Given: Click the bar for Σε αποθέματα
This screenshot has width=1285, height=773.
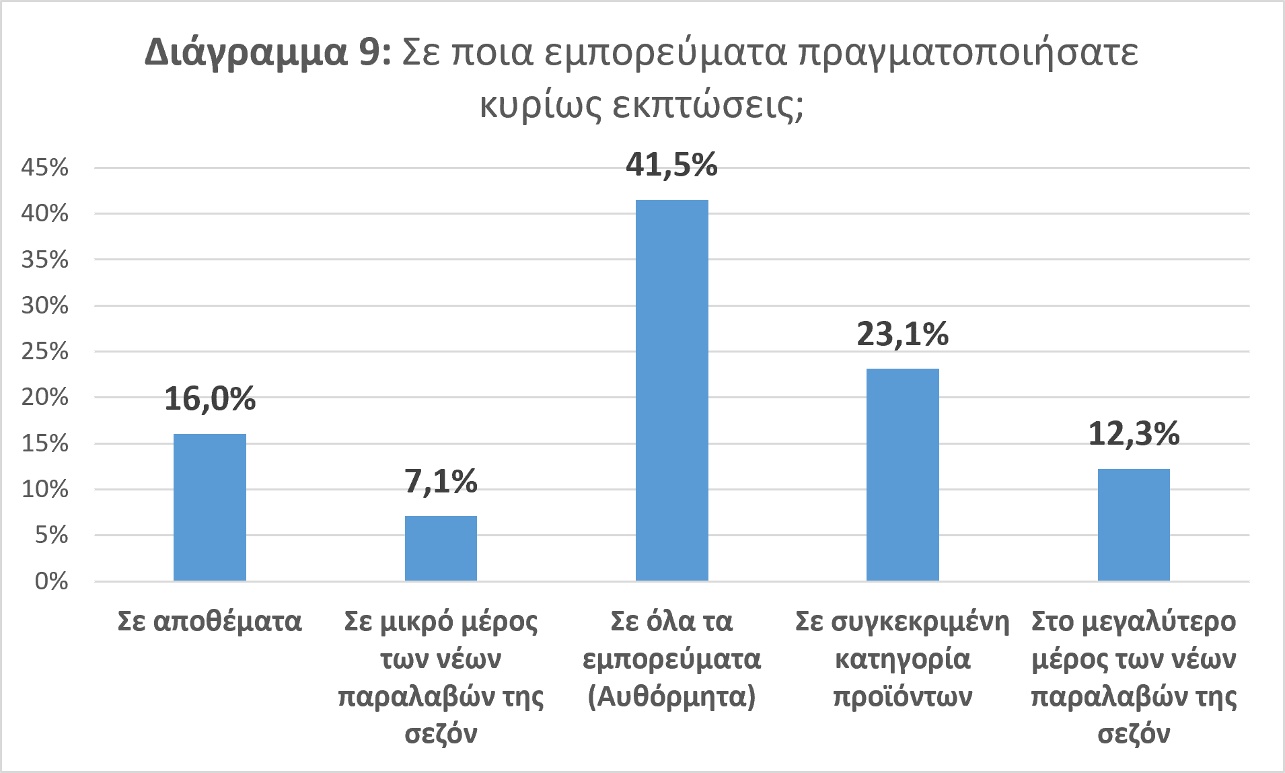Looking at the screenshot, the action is (x=210, y=507).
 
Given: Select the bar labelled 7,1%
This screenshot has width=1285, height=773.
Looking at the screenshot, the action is (x=441, y=548).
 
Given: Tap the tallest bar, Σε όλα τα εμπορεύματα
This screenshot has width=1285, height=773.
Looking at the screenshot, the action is (x=672, y=390).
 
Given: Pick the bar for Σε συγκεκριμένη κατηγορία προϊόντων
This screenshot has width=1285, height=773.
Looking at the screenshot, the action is (x=903, y=474).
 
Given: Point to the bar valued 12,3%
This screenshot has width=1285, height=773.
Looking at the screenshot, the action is (x=1134, y=525).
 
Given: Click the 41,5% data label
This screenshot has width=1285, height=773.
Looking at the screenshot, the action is (x=672, y=165).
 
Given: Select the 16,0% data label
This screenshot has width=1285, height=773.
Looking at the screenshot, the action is (x=210, y=399).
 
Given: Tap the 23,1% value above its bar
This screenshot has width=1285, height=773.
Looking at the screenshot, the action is (x=903, y=334).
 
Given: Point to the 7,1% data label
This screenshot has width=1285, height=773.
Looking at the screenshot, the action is (x=441, y=482).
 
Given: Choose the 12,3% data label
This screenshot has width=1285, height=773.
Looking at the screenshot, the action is (x=1134, y=434).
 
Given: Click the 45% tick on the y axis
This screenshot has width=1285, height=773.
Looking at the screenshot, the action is (x=45, y=168).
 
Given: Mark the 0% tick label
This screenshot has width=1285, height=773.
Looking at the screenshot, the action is (x=52, y=581).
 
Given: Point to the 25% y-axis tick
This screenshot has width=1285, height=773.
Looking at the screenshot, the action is (x=45, y=351).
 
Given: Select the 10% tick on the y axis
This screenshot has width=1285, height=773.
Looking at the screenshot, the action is (x=45, y=489).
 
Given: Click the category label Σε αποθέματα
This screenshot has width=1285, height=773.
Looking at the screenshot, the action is (x=210, y=621).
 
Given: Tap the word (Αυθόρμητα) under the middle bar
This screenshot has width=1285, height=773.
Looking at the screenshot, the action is (x=672, y=696).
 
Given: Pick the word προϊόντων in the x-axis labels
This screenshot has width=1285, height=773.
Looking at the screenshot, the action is (x=903, y=696).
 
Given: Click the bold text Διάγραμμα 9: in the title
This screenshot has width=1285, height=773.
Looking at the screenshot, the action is (x=268, y=52).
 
